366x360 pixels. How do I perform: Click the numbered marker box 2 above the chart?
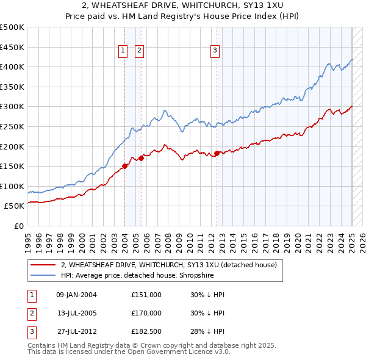click(x=139, y=51)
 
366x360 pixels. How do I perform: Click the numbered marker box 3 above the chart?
click(x=215, y=51)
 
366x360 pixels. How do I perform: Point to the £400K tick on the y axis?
click(x=13, y=67)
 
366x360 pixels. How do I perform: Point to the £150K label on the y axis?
click(x=13, y=166)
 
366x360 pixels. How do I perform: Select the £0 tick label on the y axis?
click(x=19, y=226)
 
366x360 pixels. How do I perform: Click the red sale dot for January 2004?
click(x=125, y=165)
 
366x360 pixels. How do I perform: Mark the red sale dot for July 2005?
click(x=141, y=158)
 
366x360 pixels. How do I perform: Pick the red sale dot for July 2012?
click(x=217, y=153)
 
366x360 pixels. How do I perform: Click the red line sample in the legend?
click(x=43, y=265)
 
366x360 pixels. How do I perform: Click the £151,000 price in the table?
click(x=146, y=295)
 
